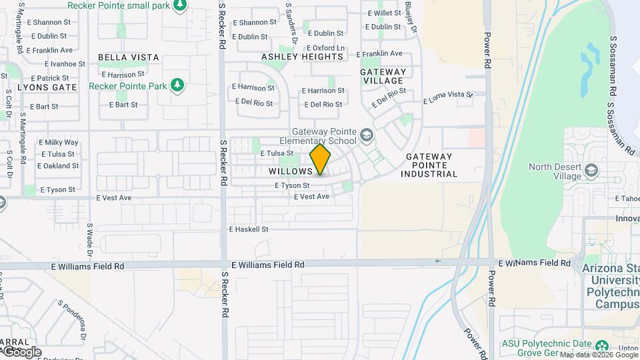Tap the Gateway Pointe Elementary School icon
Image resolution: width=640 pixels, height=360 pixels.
point(366,136)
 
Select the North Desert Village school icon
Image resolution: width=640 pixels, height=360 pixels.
point(591,171)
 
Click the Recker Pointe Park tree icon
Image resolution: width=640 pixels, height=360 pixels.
point(177,85)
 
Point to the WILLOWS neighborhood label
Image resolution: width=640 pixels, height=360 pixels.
point(291,171)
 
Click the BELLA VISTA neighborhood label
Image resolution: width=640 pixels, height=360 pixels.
point(129,57)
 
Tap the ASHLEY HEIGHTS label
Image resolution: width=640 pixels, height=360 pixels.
point(302,57)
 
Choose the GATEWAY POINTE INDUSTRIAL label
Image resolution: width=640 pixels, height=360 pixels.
point(429,165)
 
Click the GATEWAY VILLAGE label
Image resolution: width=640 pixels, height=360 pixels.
point(383,76)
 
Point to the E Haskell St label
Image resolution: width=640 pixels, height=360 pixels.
point(248,229)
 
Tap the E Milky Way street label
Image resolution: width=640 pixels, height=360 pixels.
point(59,143)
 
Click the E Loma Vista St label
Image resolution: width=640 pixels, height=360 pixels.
point(448,98)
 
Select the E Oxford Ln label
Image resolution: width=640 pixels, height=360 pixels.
point(325,48)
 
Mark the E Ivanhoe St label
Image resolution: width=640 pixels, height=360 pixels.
point(65,64)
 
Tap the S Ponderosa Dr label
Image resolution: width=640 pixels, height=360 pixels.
point(72,319)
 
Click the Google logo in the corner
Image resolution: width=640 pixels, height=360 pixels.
point(21,351)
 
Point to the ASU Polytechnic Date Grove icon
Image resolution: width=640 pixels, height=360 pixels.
point(602,345)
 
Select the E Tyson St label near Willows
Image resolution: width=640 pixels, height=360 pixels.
point(292,185)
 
